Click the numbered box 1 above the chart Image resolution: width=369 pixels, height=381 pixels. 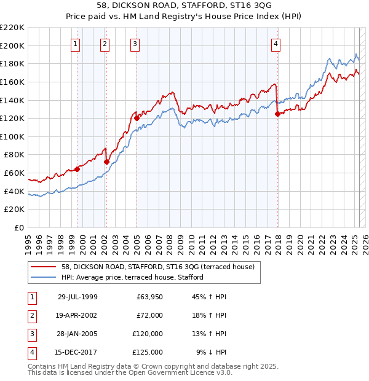pos(75,43)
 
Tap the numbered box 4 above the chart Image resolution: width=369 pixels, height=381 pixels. pos(276,43)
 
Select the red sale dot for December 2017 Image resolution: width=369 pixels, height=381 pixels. pos(277,114)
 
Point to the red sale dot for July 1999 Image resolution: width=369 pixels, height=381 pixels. pos(77,169)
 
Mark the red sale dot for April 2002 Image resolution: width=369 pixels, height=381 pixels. pos(106,162)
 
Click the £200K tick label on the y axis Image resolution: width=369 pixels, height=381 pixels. pos(12,45)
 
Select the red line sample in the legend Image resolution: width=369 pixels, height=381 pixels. pos(44,266)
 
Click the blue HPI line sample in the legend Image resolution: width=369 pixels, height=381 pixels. pos(44,277)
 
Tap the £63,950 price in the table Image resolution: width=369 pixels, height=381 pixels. pos(149,297)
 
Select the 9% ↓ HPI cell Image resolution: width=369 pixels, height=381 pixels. pos(211,352)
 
